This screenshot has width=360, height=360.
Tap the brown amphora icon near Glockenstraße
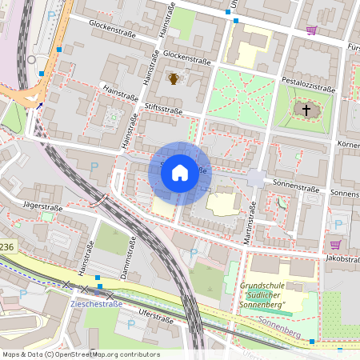pyautogui.click(x=174, y=78)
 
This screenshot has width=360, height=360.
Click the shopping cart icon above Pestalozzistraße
pyautogui.click(x=311, y=30)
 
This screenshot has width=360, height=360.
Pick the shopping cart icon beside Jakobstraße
pyautogui.click(x=335, y=244)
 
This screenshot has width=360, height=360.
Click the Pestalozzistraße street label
pyautogui.click(x=308, y=84)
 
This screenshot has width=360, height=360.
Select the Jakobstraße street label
pyautogui.click(x=339, y=260)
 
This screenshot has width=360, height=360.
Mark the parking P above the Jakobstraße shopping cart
pyautogui.click(x=337, y=225)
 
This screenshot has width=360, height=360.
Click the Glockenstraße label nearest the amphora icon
pyautogui.click(x=186, y=58)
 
